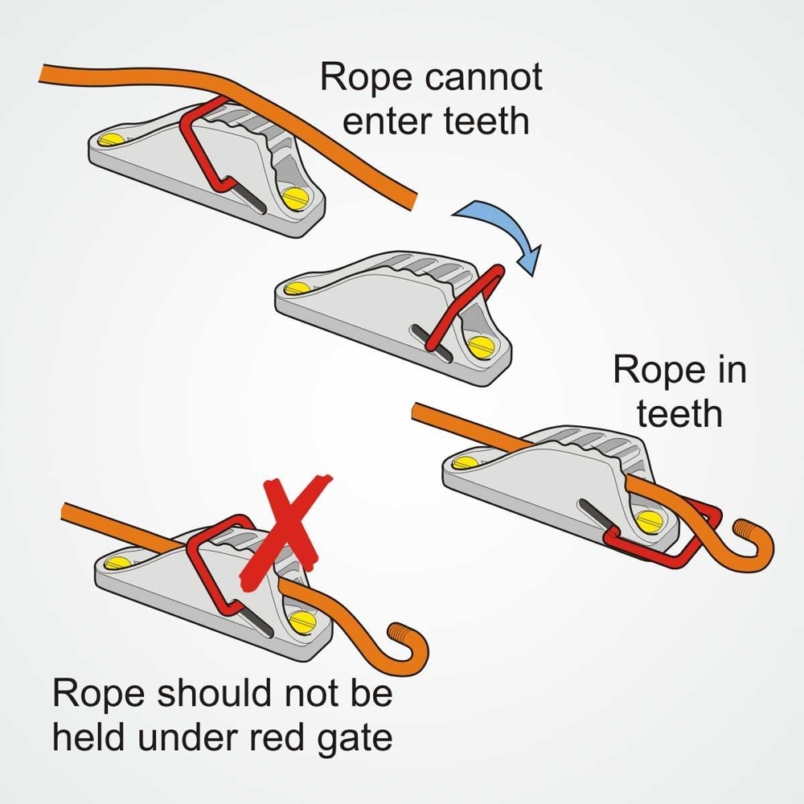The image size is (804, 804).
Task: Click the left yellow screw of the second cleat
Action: pos(297,287)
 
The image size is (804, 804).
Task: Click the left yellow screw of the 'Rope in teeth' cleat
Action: pos(465,463)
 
